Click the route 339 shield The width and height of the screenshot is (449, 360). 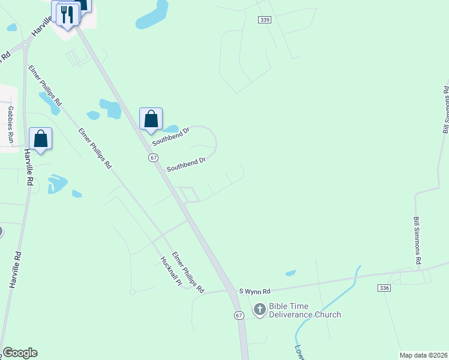pos(265,20)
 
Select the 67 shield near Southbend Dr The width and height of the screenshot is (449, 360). pos(154,157)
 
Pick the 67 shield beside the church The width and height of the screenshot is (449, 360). pos(239,316)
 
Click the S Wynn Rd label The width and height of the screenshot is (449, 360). pos(255,289)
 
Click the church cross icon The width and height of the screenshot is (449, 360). pos(260,310)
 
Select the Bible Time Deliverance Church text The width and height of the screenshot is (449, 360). pos(304,310)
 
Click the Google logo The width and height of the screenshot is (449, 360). pos(20,353)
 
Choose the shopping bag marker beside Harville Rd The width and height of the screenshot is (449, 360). pos(40,139)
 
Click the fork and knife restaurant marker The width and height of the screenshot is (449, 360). pos(68,15)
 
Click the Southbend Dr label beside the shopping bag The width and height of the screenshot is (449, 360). pos(170,136)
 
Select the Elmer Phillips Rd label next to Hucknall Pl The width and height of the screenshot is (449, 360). pos(188,272)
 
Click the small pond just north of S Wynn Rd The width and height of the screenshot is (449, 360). pos(291,273)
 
